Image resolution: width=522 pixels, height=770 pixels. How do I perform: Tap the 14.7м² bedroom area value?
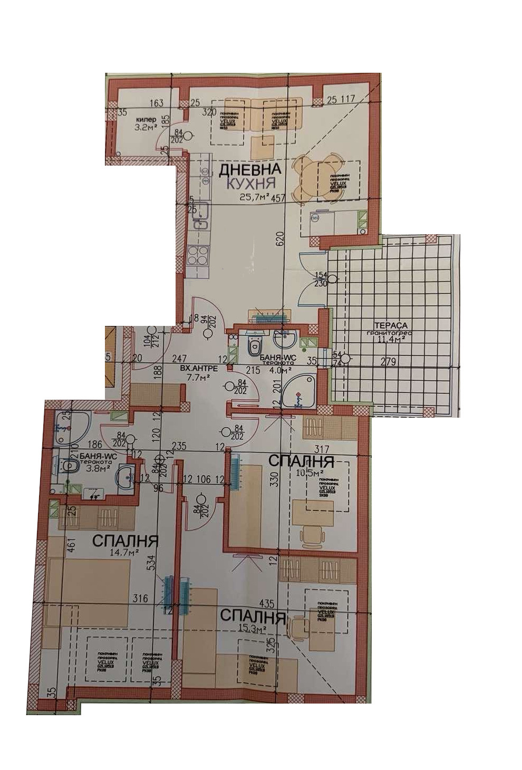[x=123, y=552]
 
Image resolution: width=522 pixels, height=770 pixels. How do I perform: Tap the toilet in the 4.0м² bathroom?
[x=255, y=347]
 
